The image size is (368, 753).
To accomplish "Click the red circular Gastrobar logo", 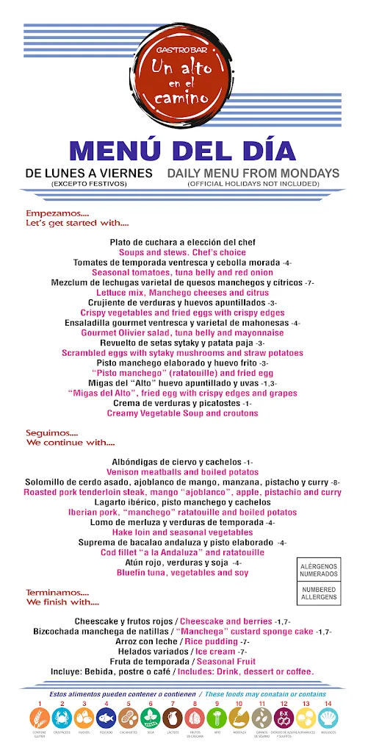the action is click(180, 66).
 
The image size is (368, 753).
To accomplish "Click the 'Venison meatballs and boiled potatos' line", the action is click(183, 471).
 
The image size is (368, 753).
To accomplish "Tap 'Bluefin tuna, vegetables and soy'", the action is click(183, 572).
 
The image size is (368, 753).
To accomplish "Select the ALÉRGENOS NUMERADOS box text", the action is click(318, 569).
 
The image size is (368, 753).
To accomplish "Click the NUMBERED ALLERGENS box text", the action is click(318, 593).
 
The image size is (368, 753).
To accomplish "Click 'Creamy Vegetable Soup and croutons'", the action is click(183, 413).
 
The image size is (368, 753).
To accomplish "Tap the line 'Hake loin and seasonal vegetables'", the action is click(183, 532).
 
